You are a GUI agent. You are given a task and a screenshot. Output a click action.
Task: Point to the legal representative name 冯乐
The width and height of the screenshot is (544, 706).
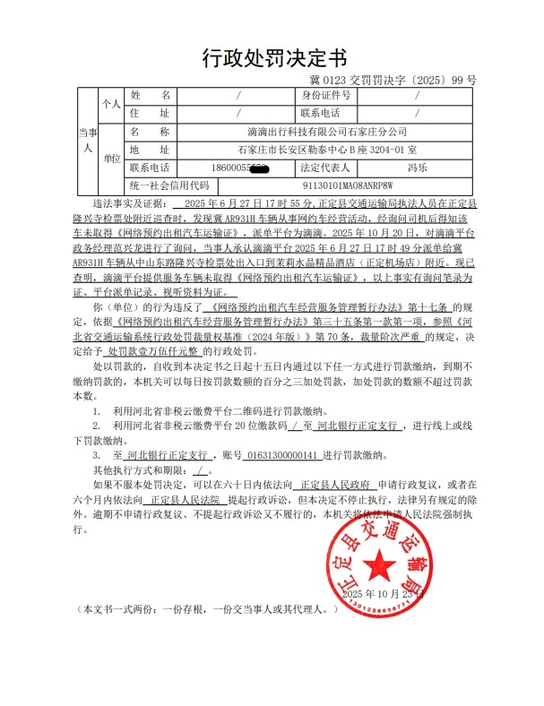(416, 168)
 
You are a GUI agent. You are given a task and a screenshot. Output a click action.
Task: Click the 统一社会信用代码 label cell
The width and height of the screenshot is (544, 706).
(168, 185)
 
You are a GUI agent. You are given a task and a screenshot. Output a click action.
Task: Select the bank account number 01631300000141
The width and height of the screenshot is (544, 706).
(276, 454)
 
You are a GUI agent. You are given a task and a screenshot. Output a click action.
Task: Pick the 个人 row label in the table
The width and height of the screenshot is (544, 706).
(111, 104)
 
